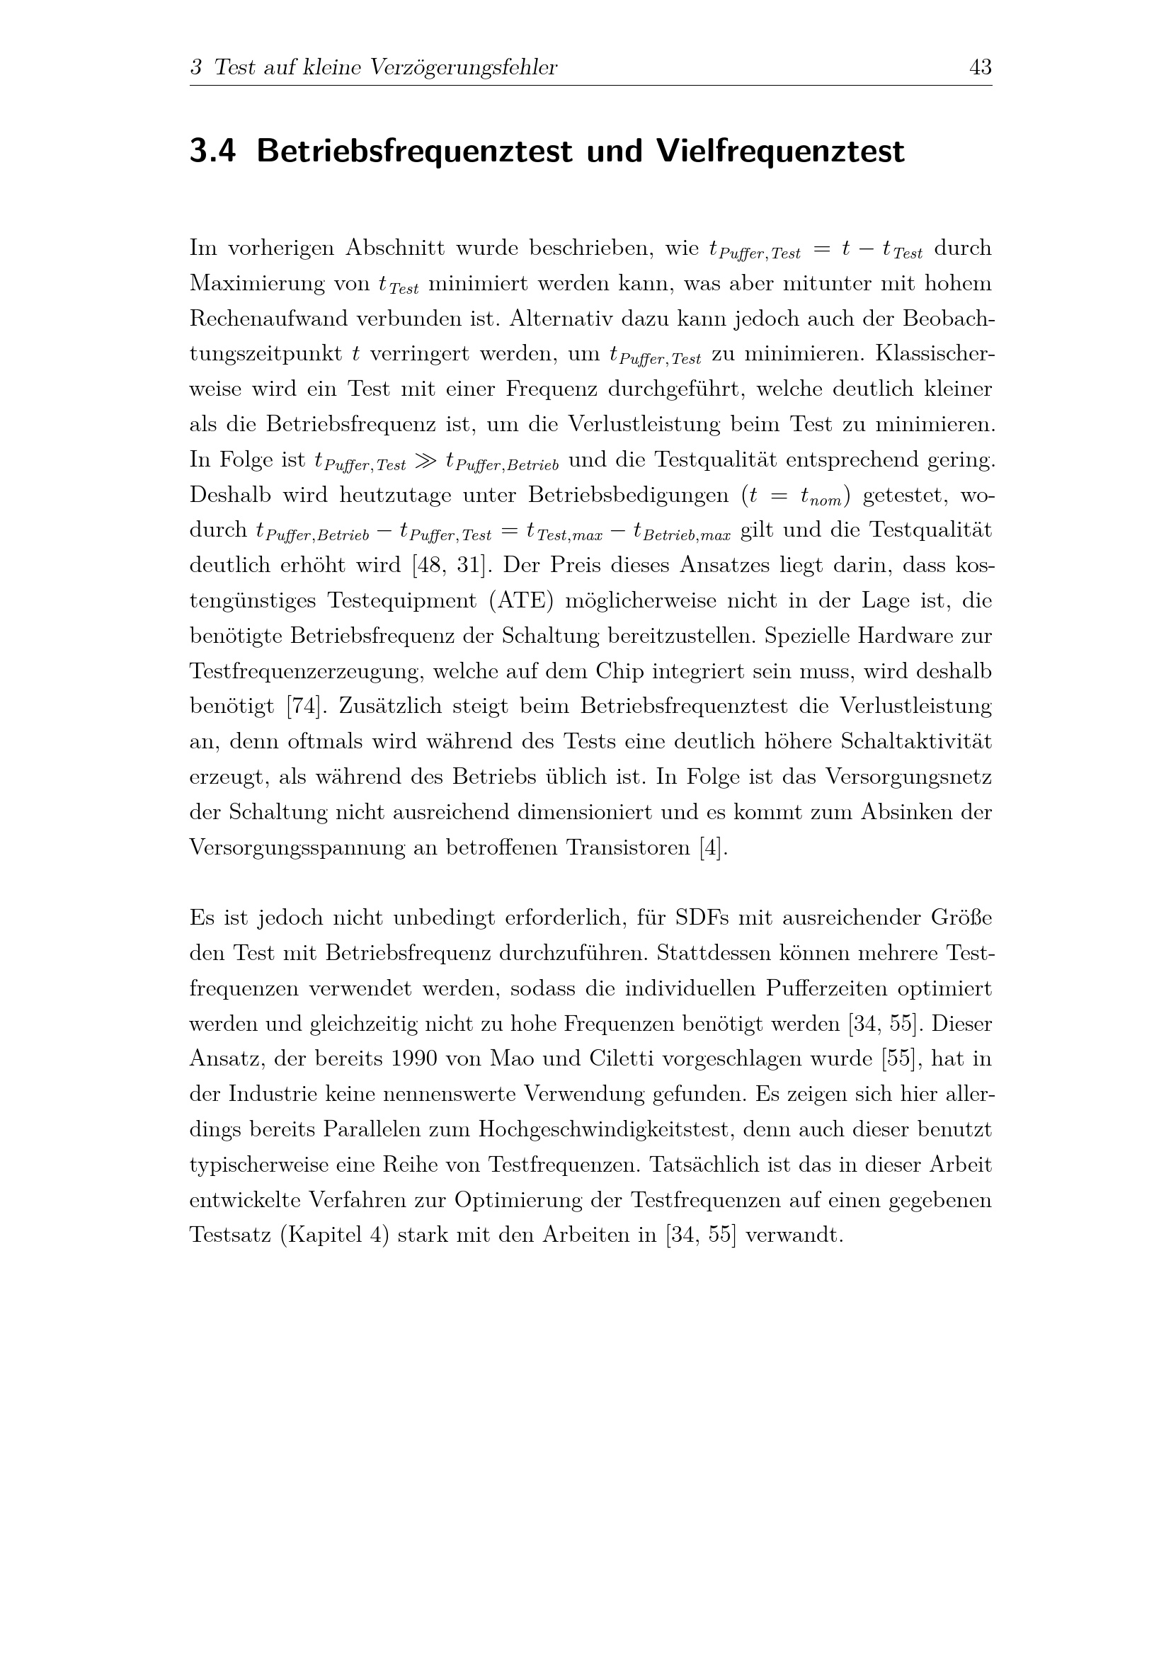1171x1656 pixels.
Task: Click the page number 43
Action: click(981, 68)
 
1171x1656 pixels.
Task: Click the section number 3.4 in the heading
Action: click(212, 152)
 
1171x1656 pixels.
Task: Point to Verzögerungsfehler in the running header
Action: click(464, 68)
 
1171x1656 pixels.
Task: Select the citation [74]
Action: click(303, 706)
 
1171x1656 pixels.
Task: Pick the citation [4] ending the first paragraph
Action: click(712, 847)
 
